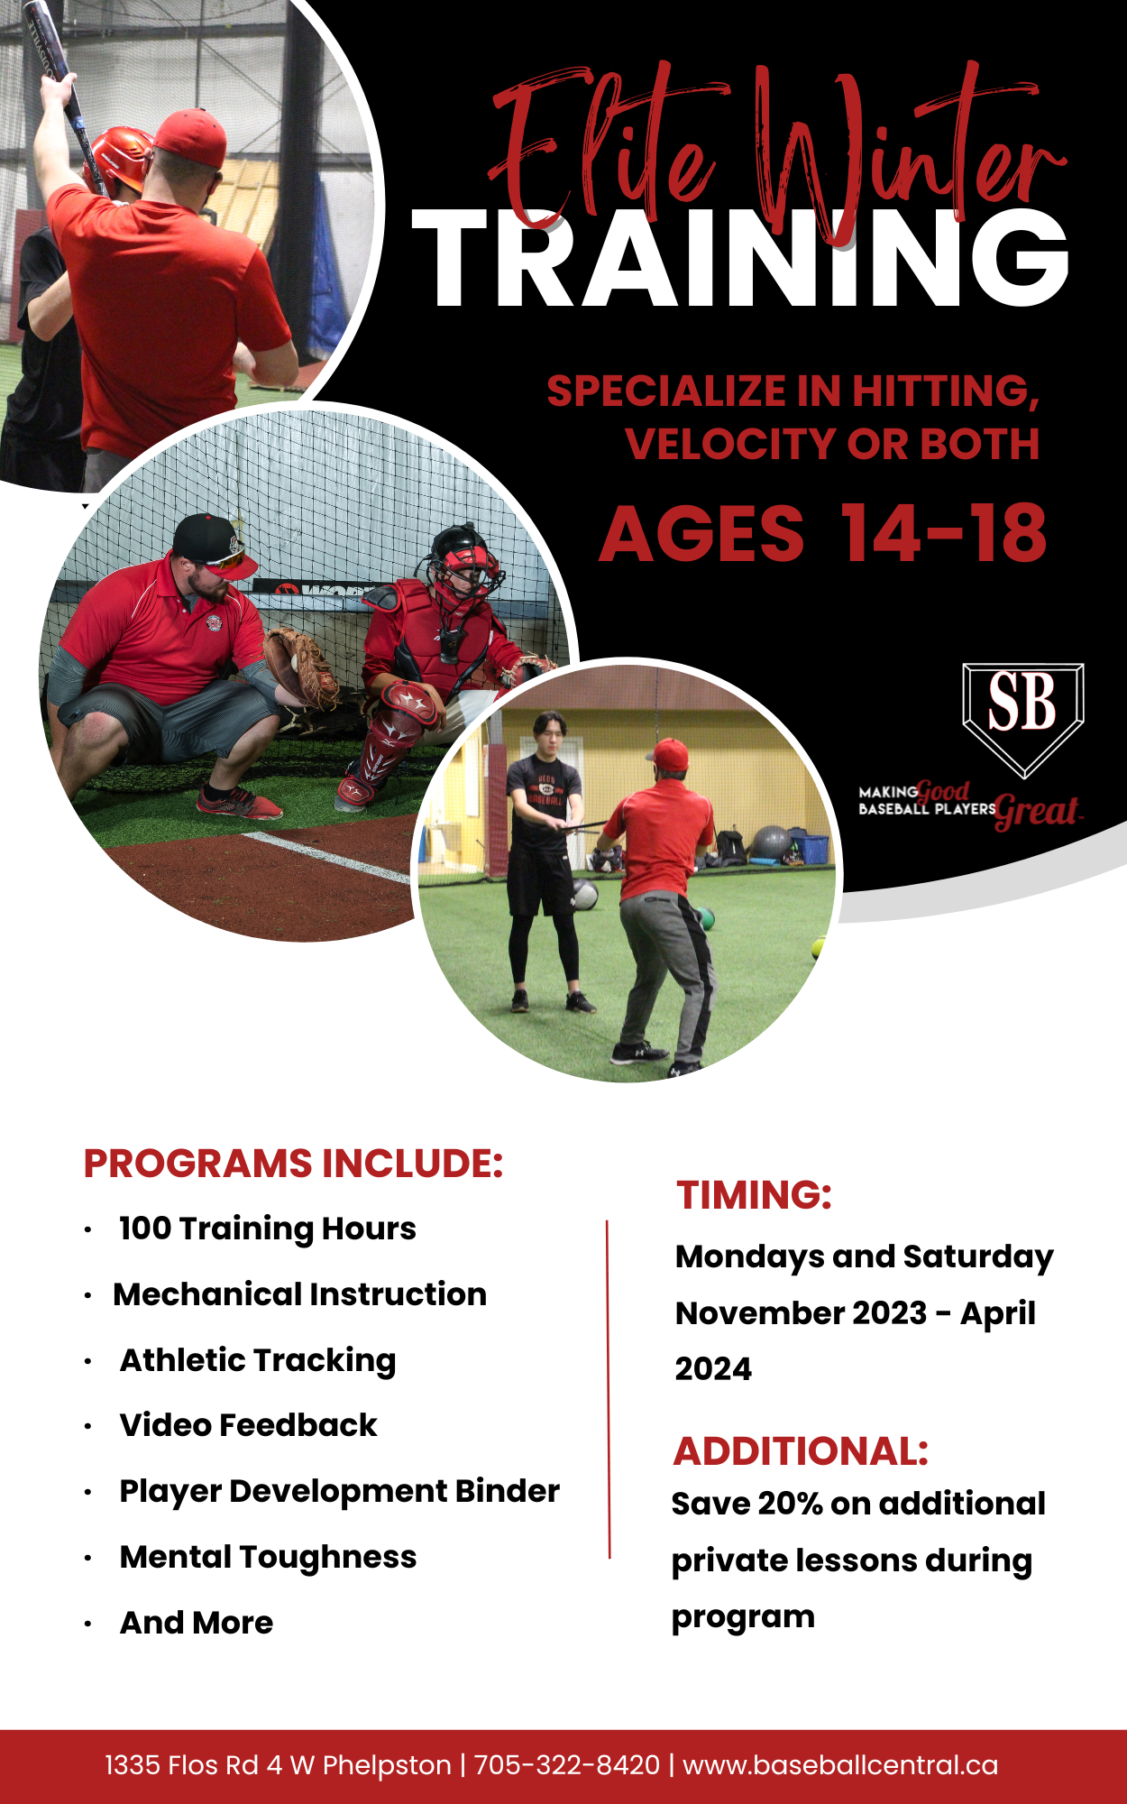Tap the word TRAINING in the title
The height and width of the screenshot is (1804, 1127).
740,259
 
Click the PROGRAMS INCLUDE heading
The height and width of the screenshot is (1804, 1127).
293,1164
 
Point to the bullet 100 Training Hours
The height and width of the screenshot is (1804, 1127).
268,1229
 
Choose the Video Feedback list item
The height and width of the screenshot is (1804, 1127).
248,1425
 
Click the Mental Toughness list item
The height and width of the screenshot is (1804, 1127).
268,1558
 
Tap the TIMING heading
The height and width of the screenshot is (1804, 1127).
755,1195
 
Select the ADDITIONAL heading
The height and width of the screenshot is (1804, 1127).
801,1451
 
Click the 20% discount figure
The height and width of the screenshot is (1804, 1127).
790,1504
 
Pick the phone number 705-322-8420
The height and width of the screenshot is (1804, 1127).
567,1764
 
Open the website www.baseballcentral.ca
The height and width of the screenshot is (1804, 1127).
840,1764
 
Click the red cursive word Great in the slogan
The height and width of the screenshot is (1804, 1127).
1037,811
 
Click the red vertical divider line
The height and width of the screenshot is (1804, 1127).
609,1389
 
